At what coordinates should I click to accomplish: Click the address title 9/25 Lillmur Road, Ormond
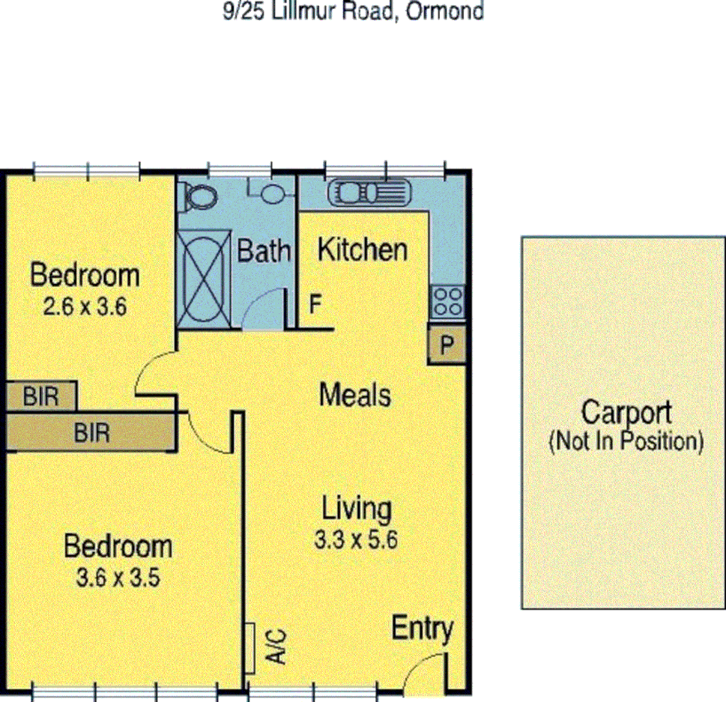pos(353,11)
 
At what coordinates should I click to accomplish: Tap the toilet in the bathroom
pos(199,195)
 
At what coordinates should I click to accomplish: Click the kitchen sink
pos(369,193)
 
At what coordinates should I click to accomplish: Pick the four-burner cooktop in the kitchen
pos(447,302)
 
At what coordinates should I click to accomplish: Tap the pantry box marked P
pos(447,345)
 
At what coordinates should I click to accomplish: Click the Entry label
pos(422,629)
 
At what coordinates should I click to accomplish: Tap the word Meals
pos(355,395)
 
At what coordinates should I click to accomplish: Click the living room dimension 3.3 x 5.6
pos(356,540)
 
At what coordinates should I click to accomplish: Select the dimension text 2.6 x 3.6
pos(84,307)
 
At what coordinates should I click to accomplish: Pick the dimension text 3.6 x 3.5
pos(118,577)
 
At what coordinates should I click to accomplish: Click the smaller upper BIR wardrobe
pos(41,396)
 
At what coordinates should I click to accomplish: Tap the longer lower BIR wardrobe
pos(91,432)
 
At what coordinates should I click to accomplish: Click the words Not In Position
pos(626,441)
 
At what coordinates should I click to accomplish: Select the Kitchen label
pos(362,250)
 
